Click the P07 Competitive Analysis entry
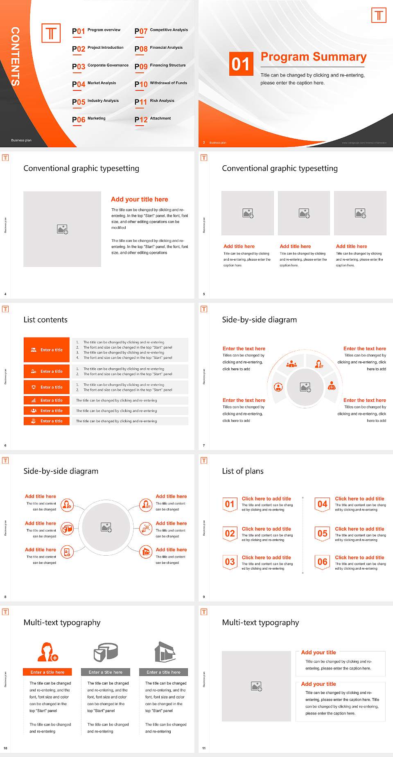pyautogui.click(x=161, y=30)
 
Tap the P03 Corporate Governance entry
pyautogui.click(x=100, y=66)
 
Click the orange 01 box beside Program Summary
pyautogui.click(x=240, y=64)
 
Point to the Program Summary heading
pyautogui.click(x=313, y=57)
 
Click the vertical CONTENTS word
pyautogui.click(x=15, y=56)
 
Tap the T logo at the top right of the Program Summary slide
pyautogui.click(x=379, y=16)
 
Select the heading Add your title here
pyautogui.click(x=139, y=199)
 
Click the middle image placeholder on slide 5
pyautogui.click(x=304, y=213)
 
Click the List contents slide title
pyautogui.click(x=45, y=320)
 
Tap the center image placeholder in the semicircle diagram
pyautogui.click(x=305, y=387)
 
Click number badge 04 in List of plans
pyautogui.click(x=323, y=504)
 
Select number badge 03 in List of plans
pyautogui.click(x=230, y=562)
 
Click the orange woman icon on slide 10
pyautogui.click(x=47, y=652)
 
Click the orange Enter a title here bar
pyautogui.click(x=47, y=672)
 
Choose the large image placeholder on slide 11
pyautogui.click(x=256, y=686)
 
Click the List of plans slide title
pyautogui.click(x=243, y=471)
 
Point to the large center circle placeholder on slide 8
pyautogui.click(x=106, y=527)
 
